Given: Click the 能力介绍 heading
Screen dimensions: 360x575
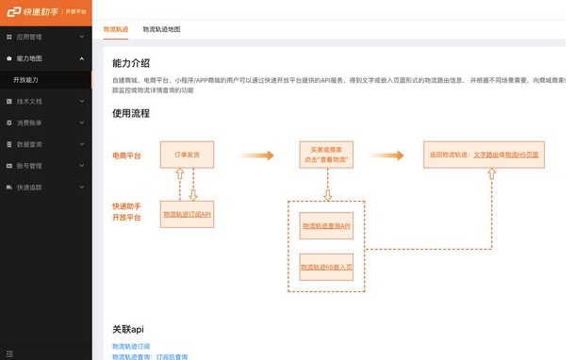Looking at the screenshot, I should pyautogui.click(x=131, y=63).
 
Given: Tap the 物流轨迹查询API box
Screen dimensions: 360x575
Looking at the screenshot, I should pyautogui.click(x=326, y=226).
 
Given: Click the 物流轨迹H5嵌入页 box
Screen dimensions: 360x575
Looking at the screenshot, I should pyautogui.click(x=326, y=268).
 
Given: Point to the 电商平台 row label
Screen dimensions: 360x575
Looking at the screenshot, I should pyautogui.click(x=127, y=155).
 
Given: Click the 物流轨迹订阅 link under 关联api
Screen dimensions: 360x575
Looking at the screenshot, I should pyautogui.click(x=131, y=348).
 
